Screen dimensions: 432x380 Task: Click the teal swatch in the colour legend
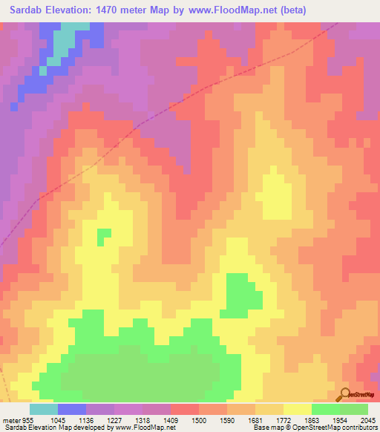[44, 409]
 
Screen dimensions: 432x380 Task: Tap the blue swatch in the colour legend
[72, 409]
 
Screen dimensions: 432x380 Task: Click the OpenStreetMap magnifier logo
[345, 393]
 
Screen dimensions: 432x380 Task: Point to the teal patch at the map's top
[66, 41]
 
